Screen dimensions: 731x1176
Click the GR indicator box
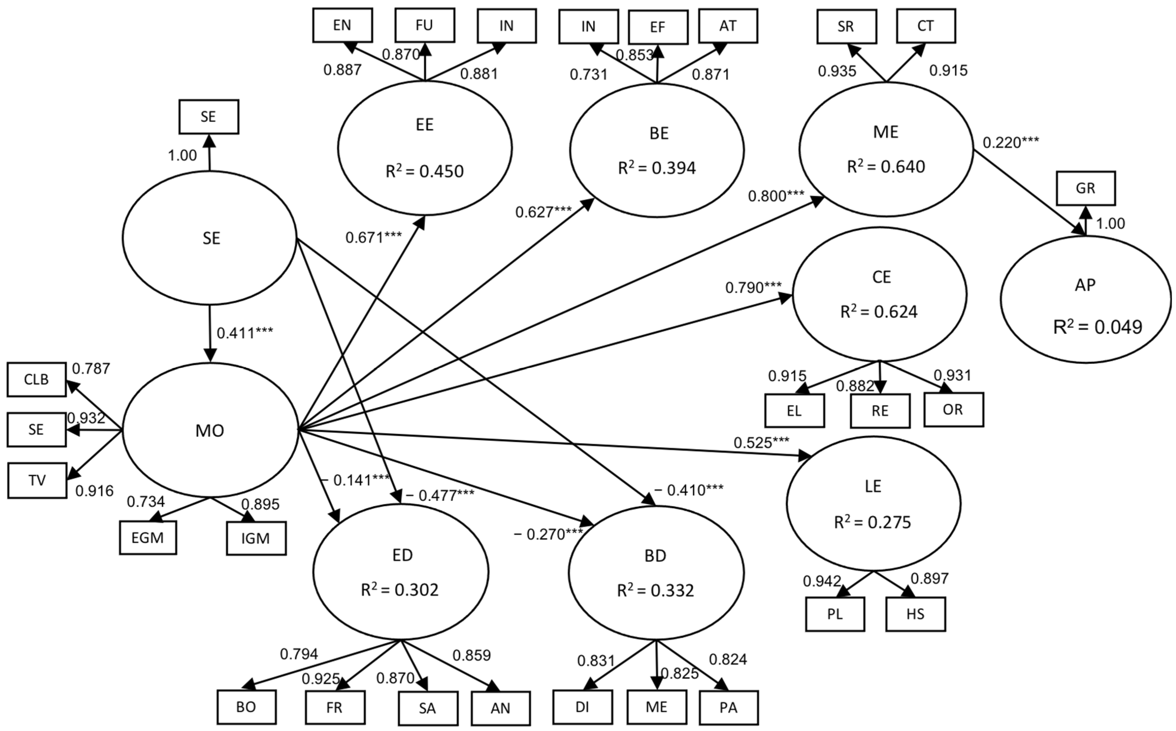coord(1085,188)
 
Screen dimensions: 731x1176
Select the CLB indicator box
coord(37,380)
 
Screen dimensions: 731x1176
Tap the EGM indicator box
coord(148,538)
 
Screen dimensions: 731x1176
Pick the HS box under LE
coord(915,614)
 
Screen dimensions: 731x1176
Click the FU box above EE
coord(424,25)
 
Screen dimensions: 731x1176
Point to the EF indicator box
coord(658,27)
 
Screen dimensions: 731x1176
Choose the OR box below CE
coord(953,409)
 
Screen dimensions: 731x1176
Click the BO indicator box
coord(246,707)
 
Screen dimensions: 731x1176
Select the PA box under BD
coord(728,708)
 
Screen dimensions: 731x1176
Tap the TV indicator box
coord(37,481)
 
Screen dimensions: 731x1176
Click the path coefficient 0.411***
coord(244,333)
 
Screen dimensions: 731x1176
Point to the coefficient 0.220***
coord(1011,143)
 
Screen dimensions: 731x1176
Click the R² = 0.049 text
coord(1097,327)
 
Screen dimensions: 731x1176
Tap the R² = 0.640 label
coord(886,166)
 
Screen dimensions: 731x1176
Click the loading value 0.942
coord(822,581)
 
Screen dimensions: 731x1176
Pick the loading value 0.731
coord(588,74)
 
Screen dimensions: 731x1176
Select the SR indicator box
coord(846,26)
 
